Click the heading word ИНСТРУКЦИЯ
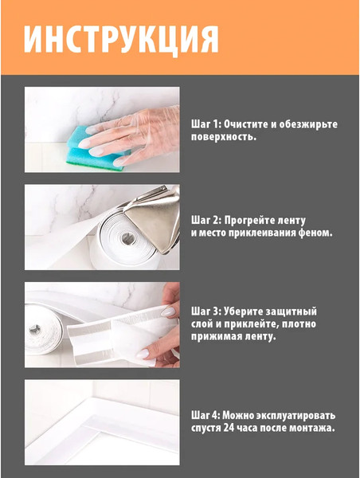coord(121,38)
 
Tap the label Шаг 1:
coord(205,124)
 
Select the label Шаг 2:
coord(205,219)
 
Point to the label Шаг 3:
coord(205,311)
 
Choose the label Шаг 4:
coord(205,415)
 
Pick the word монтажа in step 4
coord(308,429)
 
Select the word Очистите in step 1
coord(246,124)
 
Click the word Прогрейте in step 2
coord(250,219)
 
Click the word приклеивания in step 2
coord(268,233)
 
